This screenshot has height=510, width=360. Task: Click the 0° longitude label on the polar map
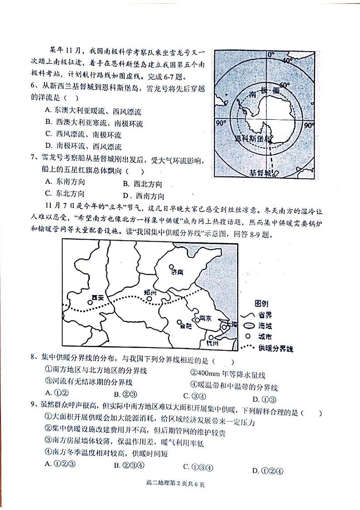[x=271, y=55]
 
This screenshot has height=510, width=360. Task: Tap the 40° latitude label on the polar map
[x=287, y=60]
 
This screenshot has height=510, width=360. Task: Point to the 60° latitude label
[x=284, y=85]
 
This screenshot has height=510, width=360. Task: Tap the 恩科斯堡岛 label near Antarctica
[x=253, y=138]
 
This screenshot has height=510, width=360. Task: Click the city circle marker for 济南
[x=171, y=268]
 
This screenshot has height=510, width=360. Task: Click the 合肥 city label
[x=186, y=325]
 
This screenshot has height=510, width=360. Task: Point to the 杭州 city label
[x=212, y=343]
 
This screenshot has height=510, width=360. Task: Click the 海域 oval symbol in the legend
[x=248, y=326]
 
